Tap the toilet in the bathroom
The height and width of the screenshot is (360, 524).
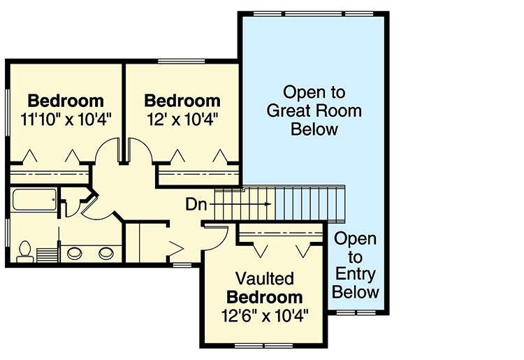click(x=25, y=252)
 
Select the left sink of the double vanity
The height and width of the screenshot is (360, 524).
click(x=75, y=252)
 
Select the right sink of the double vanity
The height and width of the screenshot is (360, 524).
click(x=106, y=252)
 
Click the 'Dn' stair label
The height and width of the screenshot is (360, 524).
click(x=197, y=205)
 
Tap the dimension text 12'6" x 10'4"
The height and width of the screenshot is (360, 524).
click(x=263, y=315)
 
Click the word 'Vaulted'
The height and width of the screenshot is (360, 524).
click(x=263, y=278)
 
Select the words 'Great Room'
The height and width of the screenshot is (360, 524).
click(x=314, y=110)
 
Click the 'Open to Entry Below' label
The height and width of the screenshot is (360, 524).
click(x=355, y=266)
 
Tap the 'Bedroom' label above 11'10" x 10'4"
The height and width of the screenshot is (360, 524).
click(x=66, y=100)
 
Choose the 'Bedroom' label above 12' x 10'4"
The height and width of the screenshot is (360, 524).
click(x=183, y=100)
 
